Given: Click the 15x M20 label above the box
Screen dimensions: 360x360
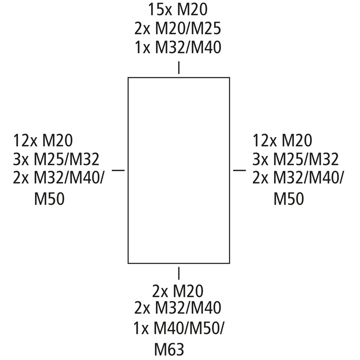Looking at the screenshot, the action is tap(178, 9).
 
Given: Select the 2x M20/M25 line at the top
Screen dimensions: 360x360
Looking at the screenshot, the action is tap(178, 28).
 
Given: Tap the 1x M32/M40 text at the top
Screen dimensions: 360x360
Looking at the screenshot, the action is tap(178, 47).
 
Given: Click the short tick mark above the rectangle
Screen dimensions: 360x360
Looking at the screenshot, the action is tap(179, 67).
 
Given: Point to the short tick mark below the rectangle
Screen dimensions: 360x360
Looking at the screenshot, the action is tap(179, 273).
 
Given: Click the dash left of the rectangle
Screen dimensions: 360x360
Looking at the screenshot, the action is tap(118, 170).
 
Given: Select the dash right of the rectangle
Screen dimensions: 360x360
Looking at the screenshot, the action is tap(239, 170).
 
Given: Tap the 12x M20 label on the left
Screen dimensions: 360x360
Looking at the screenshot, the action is tap(43, 140).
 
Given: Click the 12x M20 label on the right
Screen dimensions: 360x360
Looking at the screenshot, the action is tap(283, 140).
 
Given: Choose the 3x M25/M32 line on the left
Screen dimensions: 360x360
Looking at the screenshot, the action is tap(56, 159).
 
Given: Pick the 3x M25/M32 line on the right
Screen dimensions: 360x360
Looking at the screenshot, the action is tap(296, 159).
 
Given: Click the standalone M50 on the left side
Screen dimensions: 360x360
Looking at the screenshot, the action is tap(49, 198).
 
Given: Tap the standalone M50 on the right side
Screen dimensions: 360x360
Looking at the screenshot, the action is tap(289, 198).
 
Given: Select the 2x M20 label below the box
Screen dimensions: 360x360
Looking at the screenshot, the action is tap(178, 291).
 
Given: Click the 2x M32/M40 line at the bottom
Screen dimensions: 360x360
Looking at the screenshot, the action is tap(178, 308).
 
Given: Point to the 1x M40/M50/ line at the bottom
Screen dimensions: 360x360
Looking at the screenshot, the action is tap(178, 328).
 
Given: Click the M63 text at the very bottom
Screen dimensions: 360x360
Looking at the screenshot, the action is tap(169, 350).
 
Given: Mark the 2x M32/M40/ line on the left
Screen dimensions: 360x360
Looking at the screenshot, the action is tap(58, 178).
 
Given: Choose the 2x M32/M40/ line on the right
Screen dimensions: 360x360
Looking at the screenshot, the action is tap(298, 178).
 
